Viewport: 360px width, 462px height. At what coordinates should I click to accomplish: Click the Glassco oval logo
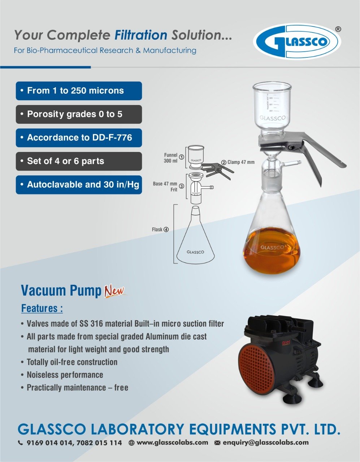pos(297,42)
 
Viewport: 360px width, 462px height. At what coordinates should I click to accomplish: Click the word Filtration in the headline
pos(141,35)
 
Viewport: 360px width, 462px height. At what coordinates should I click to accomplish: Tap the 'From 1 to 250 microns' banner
pos(79,91)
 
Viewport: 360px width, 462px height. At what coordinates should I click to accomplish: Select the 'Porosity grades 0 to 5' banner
pos(79,114)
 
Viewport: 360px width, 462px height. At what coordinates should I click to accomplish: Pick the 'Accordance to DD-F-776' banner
pos(79,138)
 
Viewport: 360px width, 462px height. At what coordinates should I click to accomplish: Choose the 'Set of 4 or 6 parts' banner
pos(79,161)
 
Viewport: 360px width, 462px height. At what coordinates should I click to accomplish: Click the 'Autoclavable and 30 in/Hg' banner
pos(79,185)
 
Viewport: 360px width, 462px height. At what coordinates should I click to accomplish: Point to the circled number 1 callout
pos(182,157)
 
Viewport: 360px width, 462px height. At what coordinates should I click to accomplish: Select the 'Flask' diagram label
pos(157,230)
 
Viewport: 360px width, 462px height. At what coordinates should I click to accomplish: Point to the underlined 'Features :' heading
pos(42,308)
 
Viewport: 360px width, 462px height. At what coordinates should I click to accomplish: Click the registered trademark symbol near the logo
pos(338,29)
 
